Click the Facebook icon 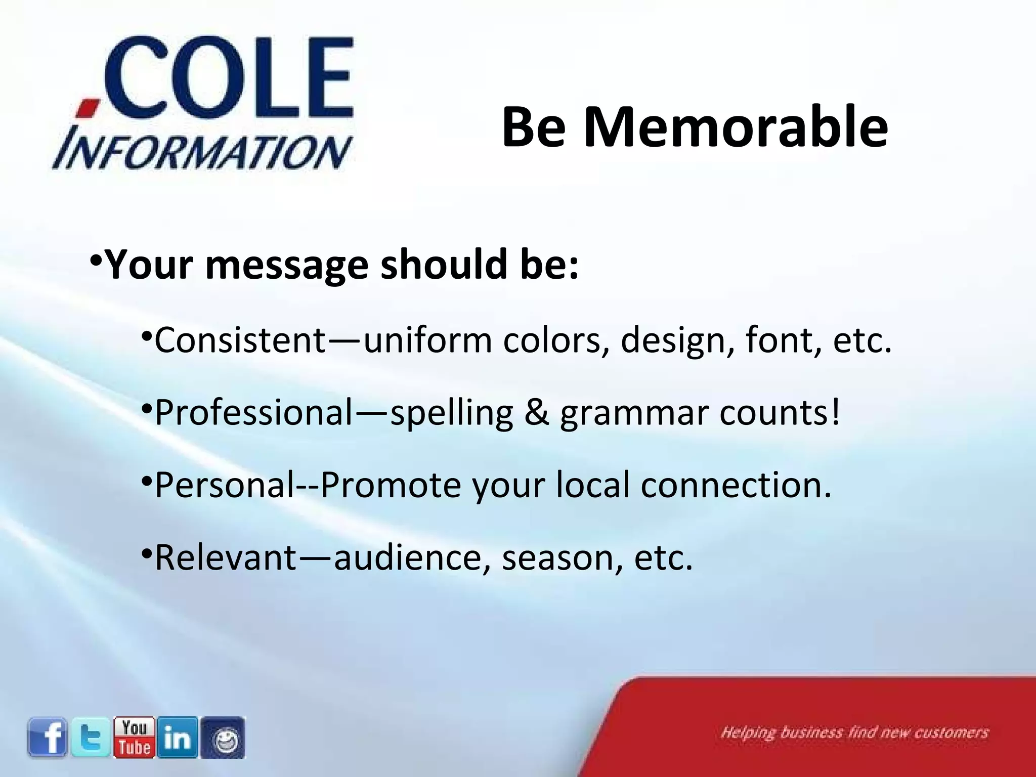(47, 737)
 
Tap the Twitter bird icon (91, 737)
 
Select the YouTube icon (134, 737)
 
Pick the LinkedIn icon (178, 737)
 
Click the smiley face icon (223, 738)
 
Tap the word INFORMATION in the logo (202, 152)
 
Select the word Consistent (240, 340)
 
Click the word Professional (253, 413)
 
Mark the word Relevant (225, 558)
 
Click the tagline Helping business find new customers (854, 732)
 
